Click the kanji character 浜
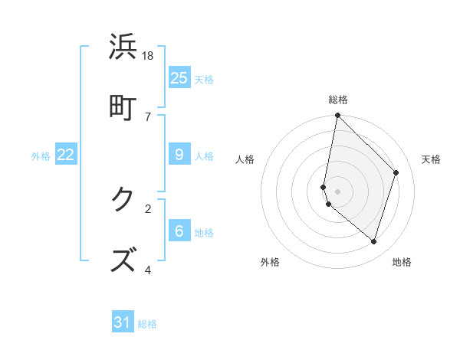[x=123, y=47]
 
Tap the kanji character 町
[x=123, y=106]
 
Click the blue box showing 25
[x=179, y=77]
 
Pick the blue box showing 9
[x=179, y=155]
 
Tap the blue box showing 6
[x=179, y=231]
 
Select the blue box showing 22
[x=66, y=155]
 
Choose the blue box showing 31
[x=123, y=322]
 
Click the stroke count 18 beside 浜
[x=148, y=56]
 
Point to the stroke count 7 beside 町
[x=148, y=116]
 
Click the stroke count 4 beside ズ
[x=148, y=270]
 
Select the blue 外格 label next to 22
[x=41, y=155]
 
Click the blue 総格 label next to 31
[x=147, y=324]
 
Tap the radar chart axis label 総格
[x=337, y=100]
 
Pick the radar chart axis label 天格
[x=431, y=159]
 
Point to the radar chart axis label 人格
[x=245, y=159]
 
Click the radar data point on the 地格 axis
[x=373, y=241]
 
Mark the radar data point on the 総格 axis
[x=337, y=116]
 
